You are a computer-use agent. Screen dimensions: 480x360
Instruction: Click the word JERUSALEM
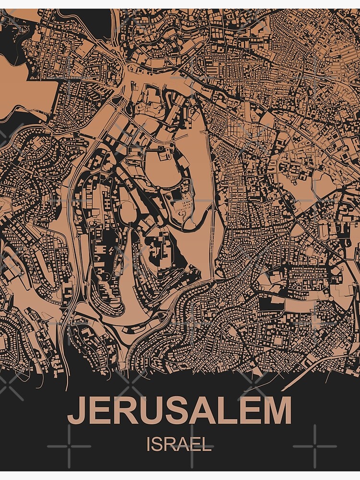pos(179,411)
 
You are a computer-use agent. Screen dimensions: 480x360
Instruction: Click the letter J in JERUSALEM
pos(77,412)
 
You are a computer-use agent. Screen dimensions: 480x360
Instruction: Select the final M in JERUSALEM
pos(274,411)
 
